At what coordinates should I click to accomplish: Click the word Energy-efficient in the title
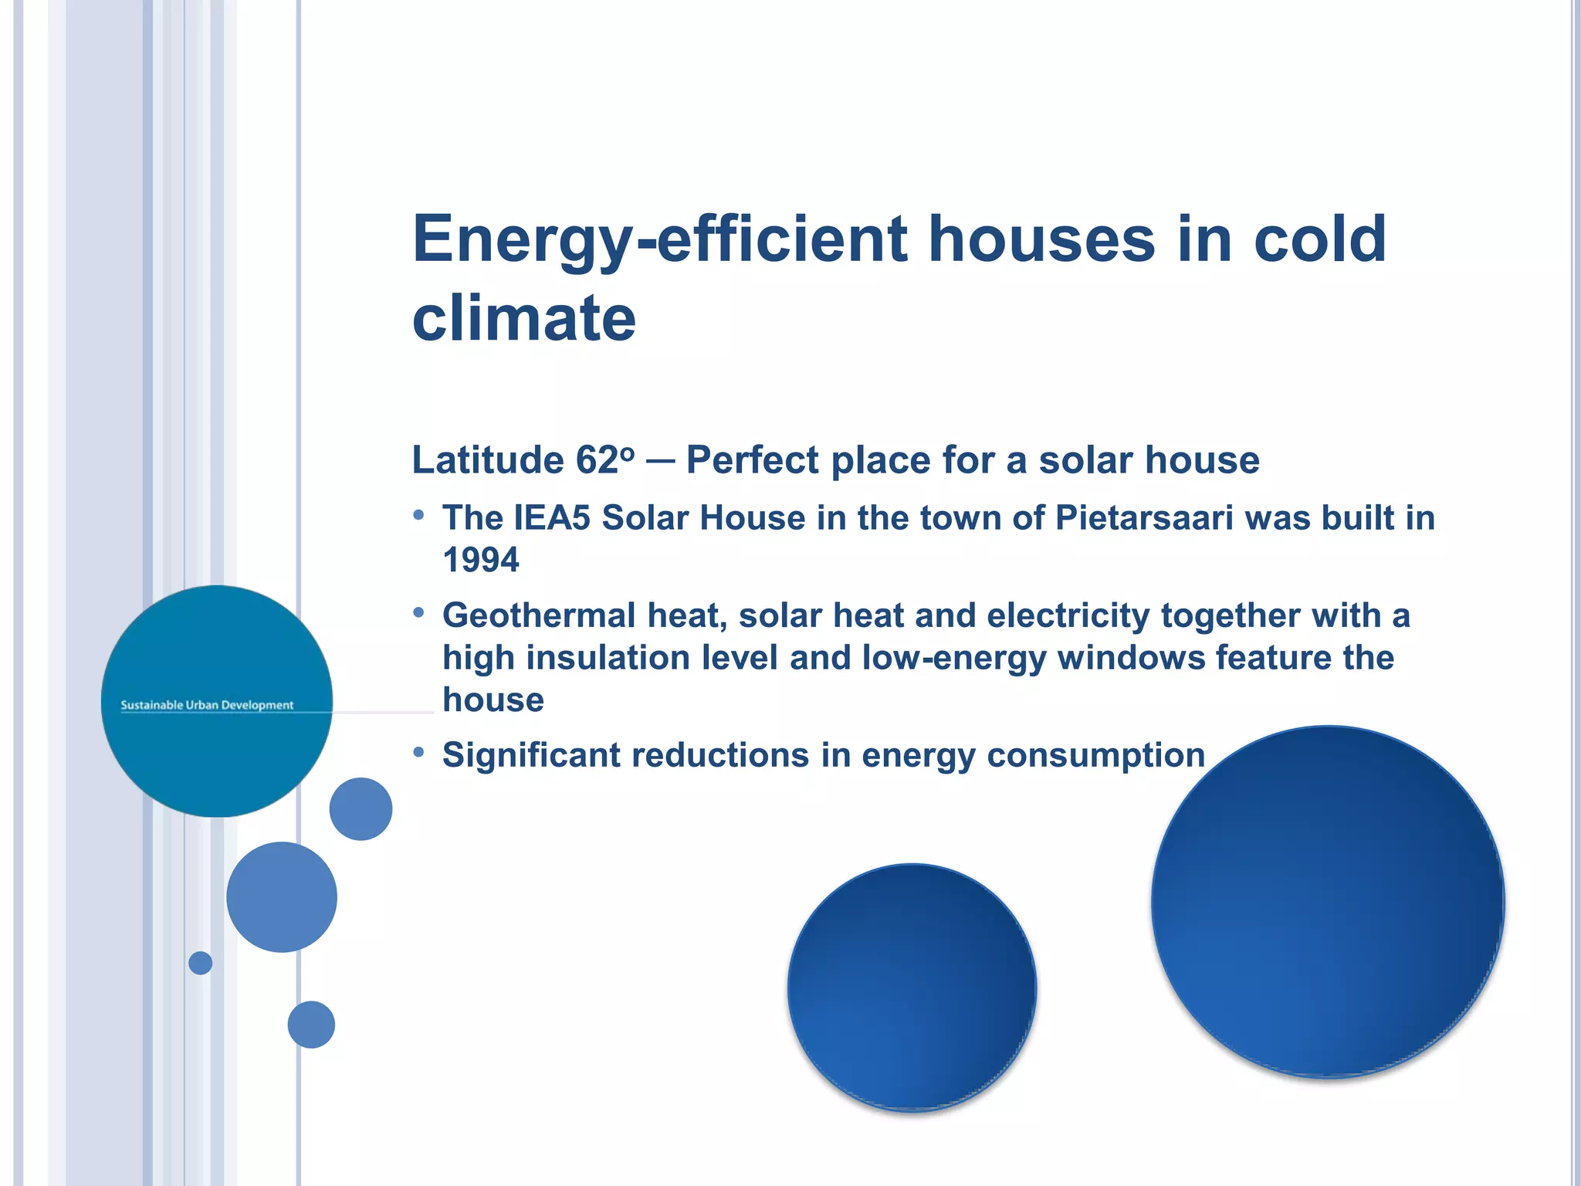point(660,241)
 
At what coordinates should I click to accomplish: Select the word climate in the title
point(523,318)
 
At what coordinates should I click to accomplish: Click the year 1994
point(480,560)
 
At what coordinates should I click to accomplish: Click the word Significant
point(530,755)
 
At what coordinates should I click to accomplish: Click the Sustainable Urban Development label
point(207,705)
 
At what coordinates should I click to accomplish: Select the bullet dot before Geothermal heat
point(418,613)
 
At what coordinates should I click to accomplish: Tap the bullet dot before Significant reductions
point(418,752)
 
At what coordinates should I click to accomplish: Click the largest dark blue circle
point(1328,902)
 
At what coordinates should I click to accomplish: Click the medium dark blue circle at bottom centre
point(912,988)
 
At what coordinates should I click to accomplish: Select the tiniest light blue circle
point(200,963)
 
